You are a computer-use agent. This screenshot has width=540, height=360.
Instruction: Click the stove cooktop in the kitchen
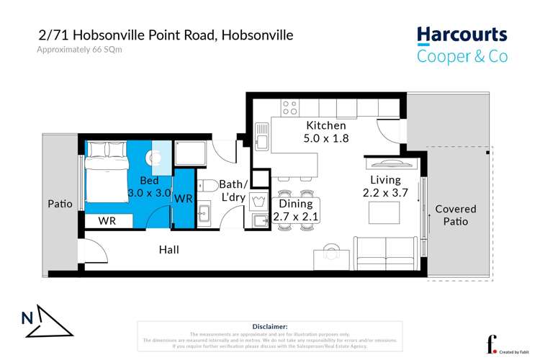pos(289,108)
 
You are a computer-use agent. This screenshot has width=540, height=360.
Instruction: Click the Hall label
pos(168,250)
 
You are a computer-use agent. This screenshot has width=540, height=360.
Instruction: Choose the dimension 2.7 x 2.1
pos(297,216)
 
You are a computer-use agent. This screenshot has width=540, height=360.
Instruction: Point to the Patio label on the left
pos(60,204)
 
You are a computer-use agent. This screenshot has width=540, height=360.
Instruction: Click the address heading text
pos(166,35)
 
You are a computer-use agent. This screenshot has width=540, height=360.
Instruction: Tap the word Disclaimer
pos(270,326)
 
